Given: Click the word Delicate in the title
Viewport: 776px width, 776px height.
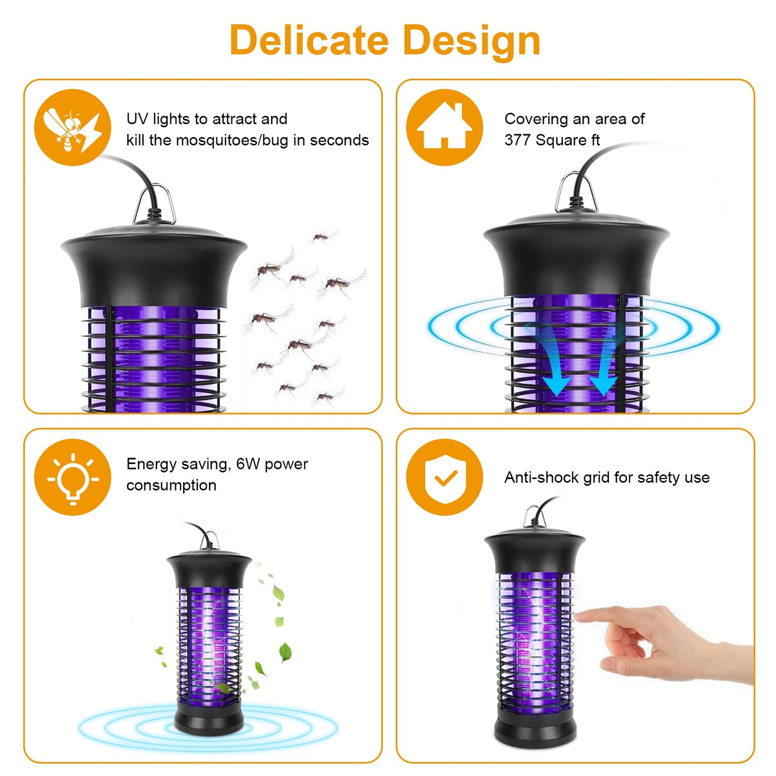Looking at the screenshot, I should click(x=309, y=41).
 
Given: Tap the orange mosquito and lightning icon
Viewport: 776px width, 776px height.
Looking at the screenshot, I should click(x=72, y=128).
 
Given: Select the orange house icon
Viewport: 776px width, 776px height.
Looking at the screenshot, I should click(x=444, y=128).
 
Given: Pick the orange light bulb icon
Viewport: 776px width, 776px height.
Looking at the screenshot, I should click(x=72, y=477).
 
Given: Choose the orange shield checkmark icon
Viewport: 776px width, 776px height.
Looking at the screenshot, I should click(x=444, y=477).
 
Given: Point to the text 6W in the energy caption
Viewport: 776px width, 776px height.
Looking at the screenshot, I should click(x=248, y=464).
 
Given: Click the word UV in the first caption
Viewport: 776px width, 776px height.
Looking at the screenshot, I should click(x=137, y=119).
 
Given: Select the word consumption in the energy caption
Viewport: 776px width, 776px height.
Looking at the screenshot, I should click(x=171, y=485).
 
